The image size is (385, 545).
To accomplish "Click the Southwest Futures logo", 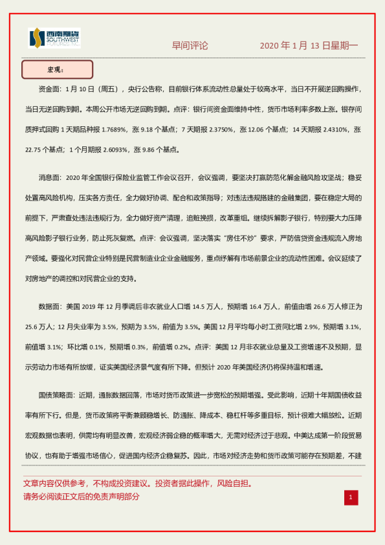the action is [54, 39].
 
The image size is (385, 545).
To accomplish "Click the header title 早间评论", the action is [190, 46].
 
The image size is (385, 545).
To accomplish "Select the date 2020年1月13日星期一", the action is [309, 46].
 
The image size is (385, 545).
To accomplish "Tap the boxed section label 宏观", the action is [57, 69].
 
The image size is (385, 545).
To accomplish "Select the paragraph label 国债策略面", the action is [56, 394].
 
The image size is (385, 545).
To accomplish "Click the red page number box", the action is [350, 497].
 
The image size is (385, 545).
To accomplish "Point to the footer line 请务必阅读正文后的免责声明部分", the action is [82, 497].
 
